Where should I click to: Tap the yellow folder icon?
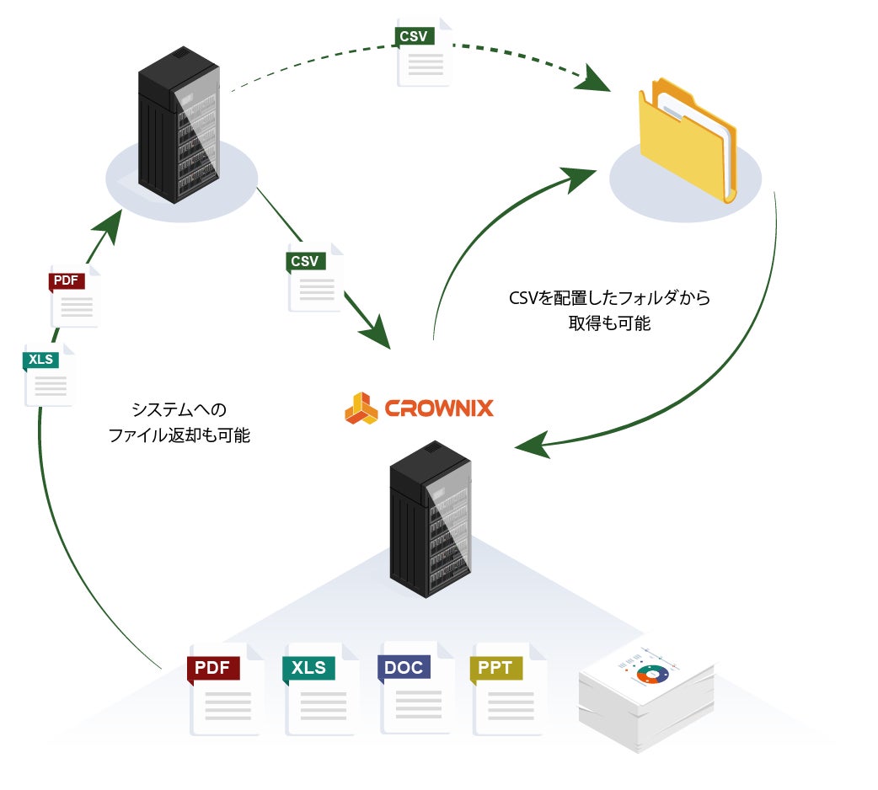pos(688,140)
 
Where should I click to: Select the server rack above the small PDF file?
pos(179,124)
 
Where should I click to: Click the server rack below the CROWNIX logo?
pos(431,519)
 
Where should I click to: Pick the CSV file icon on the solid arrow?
pos(314,277)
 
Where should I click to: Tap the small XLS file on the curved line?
pos(49,375)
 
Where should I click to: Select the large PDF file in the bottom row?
pos(225,689)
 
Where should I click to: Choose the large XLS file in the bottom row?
pos(320,689)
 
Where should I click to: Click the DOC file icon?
pos(415,688)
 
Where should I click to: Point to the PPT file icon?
pos(508,689)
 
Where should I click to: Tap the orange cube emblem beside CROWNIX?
pos(361,408)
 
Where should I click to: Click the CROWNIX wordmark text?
pos(439,408)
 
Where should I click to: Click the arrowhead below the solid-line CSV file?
pos(375,333)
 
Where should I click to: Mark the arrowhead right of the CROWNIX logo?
pos(533,445)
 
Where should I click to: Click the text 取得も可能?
pos(609,323)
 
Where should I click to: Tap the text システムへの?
pos(179,409)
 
